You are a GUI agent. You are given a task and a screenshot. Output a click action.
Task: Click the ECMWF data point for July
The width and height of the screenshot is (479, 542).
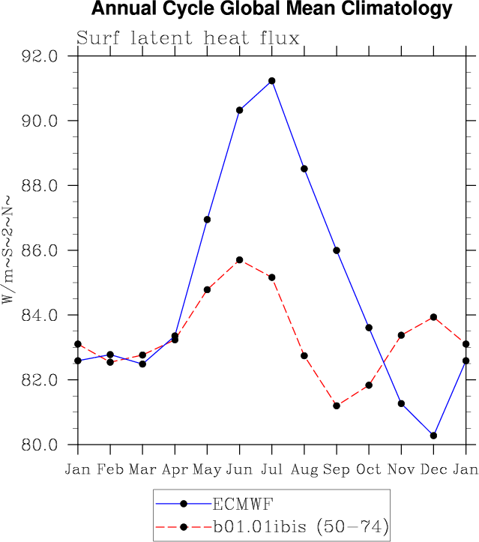click(272, 81)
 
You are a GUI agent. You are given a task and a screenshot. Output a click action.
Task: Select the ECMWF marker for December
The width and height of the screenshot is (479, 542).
click(433, 436)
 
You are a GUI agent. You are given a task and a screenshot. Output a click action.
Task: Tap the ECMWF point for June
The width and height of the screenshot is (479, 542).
click(240, 110)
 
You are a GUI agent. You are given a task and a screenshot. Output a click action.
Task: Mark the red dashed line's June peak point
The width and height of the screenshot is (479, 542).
click(240, 260)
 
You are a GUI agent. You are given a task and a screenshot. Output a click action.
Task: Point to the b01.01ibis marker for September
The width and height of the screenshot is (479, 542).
click(337, 406)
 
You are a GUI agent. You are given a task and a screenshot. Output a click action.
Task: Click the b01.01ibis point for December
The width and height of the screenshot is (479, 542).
click(433, 317)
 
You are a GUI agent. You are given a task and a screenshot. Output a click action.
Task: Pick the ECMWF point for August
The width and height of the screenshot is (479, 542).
click(304, 169)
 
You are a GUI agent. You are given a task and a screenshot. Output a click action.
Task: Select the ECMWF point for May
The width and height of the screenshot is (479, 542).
click(208, 220)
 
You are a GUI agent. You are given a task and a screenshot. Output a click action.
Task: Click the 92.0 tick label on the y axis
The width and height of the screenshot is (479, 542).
click(42, 56)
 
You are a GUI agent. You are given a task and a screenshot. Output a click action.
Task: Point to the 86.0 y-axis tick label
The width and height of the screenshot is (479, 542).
click(42, 250)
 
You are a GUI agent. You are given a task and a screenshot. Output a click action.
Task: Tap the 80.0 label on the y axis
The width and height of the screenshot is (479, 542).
click(42, 445)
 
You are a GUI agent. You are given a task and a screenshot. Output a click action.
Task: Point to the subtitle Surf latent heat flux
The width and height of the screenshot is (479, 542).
click(188, 38)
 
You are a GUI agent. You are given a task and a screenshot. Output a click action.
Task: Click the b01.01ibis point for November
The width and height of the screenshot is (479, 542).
click(401, 335)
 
